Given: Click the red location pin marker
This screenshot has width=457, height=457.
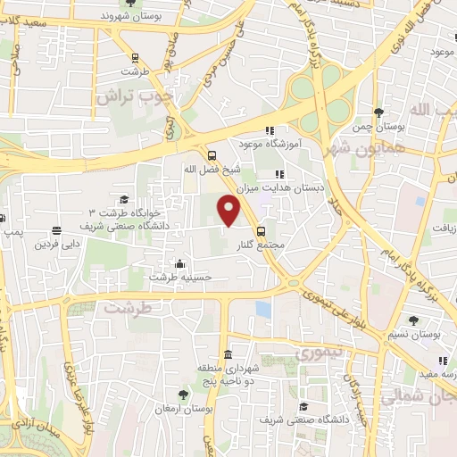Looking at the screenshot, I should [x=230, y=210].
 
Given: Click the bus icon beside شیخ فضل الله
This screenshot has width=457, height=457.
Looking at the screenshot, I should [x=212, y=154].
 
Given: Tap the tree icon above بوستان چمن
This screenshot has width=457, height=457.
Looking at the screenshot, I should [x=379, y=112].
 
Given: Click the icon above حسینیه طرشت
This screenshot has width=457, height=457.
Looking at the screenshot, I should [x=181, y=264].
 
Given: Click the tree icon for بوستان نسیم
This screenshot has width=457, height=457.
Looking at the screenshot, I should [x=414, y=320].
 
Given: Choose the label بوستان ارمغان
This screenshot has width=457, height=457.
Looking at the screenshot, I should [x=182, y=407].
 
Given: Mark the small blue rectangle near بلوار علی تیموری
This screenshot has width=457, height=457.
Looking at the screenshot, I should [x=262, y=309].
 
